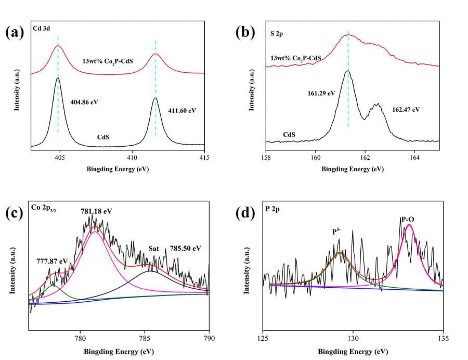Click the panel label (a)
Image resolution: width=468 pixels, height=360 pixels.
click(14, 33)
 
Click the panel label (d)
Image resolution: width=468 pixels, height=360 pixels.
click(245, 214)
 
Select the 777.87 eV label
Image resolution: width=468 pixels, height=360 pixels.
click(51, 261)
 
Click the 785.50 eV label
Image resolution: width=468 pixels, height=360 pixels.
click(185, 248)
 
